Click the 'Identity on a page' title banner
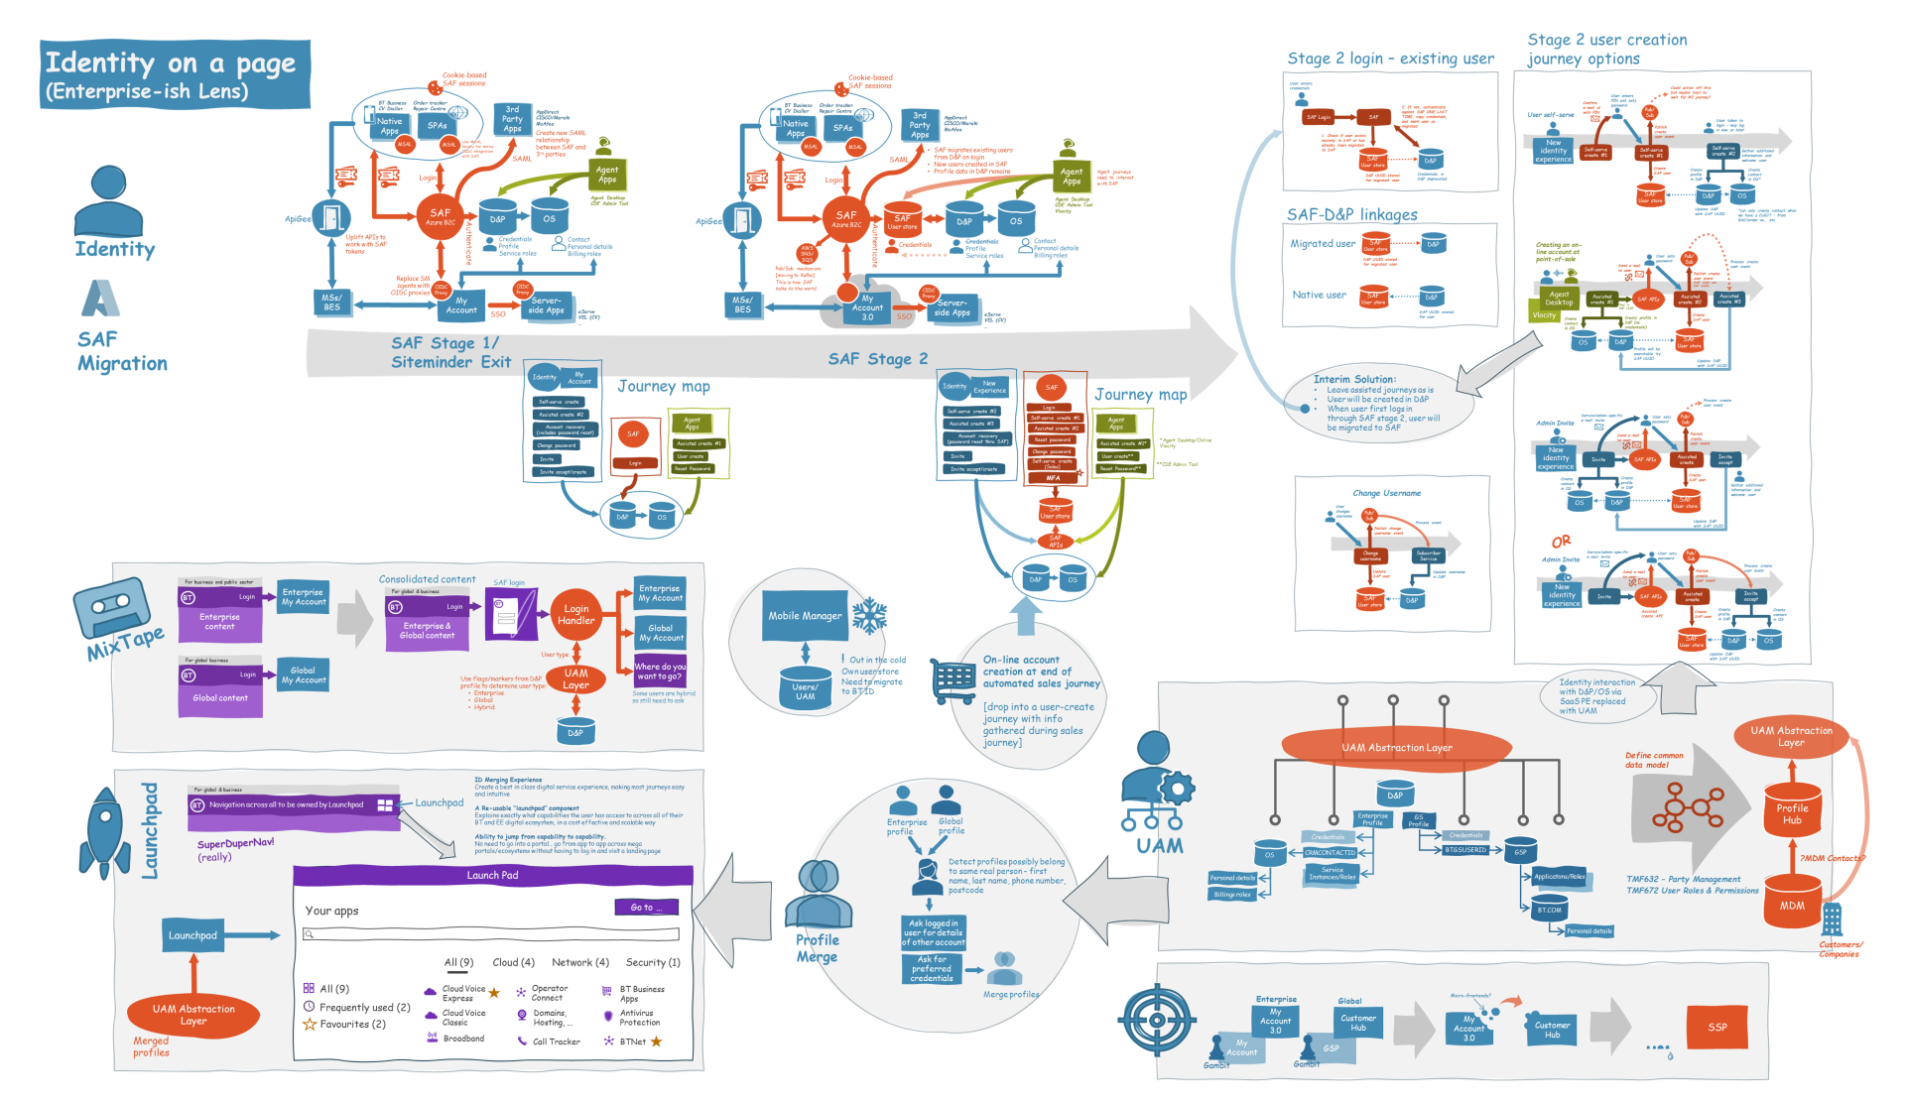click(175, 74)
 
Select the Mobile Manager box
click(805, 616)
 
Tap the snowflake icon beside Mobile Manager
click(870, 616)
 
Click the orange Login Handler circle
click(576, 615)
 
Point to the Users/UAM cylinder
click(805, 687)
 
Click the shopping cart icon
click(953, 681)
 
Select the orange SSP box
click(1717, 1027)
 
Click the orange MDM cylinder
click(1792, 902)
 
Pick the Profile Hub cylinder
click(1792, 813)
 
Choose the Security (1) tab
click(653, 962)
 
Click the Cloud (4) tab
click(514, 962)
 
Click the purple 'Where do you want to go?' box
click(660, 672)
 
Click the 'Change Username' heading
click(1386, 493)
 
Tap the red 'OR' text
click(1561, 542)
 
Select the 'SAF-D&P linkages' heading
click(1351, 214)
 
